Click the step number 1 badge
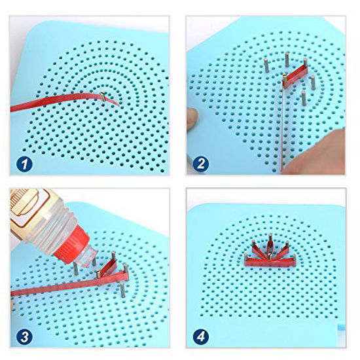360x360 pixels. pyautogui.click(x=24, y=164)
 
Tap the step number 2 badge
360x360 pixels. pyautogui.click(x=201, y=164)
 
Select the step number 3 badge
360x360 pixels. pyautogui.click(x=24, y=337)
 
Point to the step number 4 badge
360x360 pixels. pyautogui.click(x=201, y=337)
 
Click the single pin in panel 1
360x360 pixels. pyautogui.click(x=103, y=97)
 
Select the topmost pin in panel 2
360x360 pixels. pyautogui.click(x=287, y=59)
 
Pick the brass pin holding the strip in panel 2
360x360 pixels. pyautogui.click(x=285, y=81)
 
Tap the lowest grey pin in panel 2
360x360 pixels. pyautogui.click(x=304, y=98)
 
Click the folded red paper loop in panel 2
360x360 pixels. pyautogui.click(x=296, y=74)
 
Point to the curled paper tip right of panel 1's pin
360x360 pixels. pyautogui.click(x=115, y=103)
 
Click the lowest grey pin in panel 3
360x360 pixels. pyautogui.click(x=122, y=290)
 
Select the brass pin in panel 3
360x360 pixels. pyautogui.click(x=98, y=274)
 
